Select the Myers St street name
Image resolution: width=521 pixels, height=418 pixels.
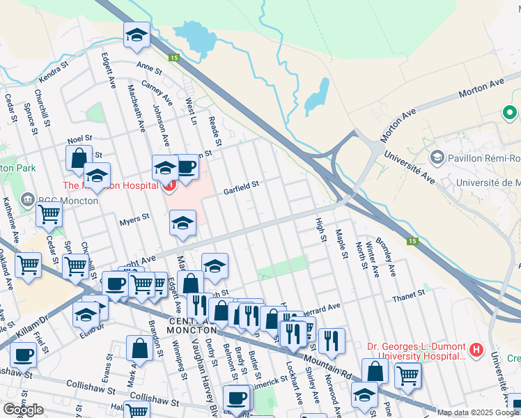[x=134, y=219]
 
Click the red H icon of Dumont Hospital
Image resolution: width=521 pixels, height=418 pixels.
[x=476, y=350]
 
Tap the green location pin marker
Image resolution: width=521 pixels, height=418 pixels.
[x=510, y=111]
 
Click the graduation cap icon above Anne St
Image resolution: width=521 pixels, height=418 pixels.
[x=136, y=34]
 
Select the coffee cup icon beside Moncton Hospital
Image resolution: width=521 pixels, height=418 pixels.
[x=186, y=167]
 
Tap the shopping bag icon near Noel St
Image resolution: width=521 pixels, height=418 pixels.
[x=79, y=157]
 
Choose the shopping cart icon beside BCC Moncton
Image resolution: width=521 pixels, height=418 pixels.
[x=49, y=216]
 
